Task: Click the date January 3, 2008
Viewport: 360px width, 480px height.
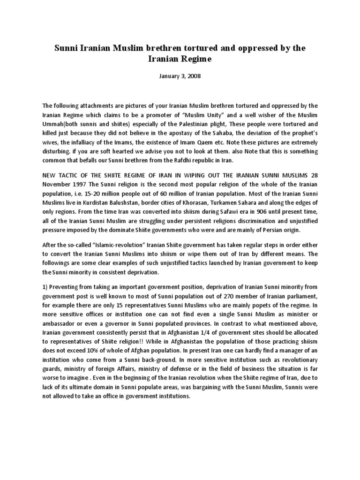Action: point(180,76)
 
